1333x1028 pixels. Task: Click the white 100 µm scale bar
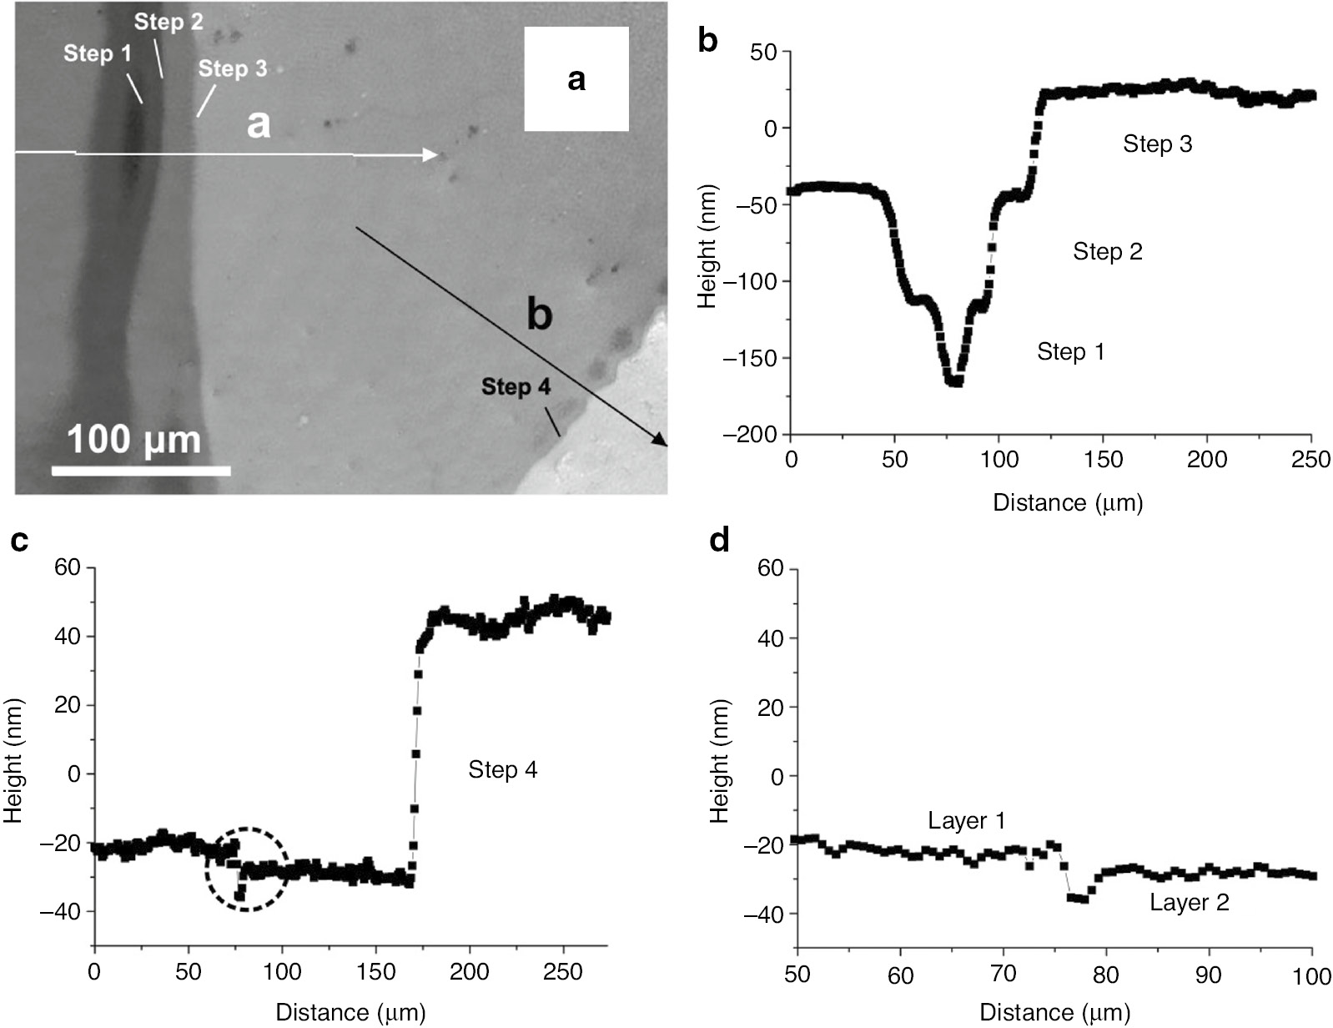pyautogui.click(x=140, y=471)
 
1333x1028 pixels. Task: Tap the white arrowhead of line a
pyautogui.click(x=430, y=154)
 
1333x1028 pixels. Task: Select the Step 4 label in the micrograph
pyautogui.click(x=516, y=387)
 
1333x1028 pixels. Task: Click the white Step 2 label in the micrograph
pyautogui.click(x=169, y=22)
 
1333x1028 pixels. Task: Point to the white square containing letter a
pyautogui.click(x=576, y=79)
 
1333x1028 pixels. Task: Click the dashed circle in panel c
pyautogui.click(x=246, y=869)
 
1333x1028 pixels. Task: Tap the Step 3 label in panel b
pyautogui.click(x=1157, y=144)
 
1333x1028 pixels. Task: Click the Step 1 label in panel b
pyautogui.click(x=1070, y=351)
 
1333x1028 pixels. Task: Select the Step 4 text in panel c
pyautogui.click(x=502, y=769)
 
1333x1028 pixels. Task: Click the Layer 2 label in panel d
pyautogui.click(x=1189, y=902)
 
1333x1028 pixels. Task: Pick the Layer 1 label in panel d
pyautogui.click(x=966, y=821)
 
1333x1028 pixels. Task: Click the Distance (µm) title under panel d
pyautogui.click(x=1054, y=1013)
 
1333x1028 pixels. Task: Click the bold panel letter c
pyautogui.click(x=19, y=542)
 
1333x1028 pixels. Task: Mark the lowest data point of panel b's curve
pyautogui.click(x=954, y=382)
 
